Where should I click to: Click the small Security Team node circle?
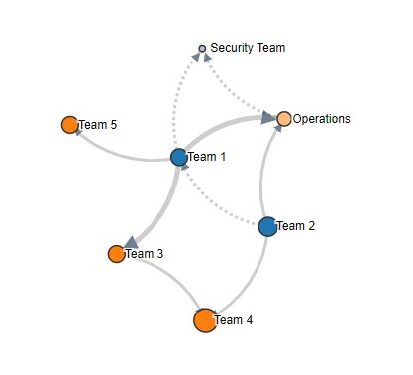click(x=202, y=48)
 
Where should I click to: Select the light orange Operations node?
click(x=284, y=119)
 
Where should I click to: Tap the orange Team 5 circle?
click(x=69, y=124)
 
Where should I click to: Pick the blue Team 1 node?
click(x=179, y=157)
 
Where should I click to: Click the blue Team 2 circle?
click(x=267, y=226)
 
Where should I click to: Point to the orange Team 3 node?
click(x=117, y=253)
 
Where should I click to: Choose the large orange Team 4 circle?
click(x=205, y=319)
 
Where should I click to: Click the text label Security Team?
click(x=248, y=48)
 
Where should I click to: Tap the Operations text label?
click(x=322, y=119)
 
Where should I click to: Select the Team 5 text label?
click(x=98, y=125)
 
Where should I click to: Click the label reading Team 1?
click(x=207, y=157)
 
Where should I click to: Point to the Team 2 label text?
click(x=296, y=226)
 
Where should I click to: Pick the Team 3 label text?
click(x=145, y=254)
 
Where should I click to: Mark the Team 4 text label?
click(x=234, y=320)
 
